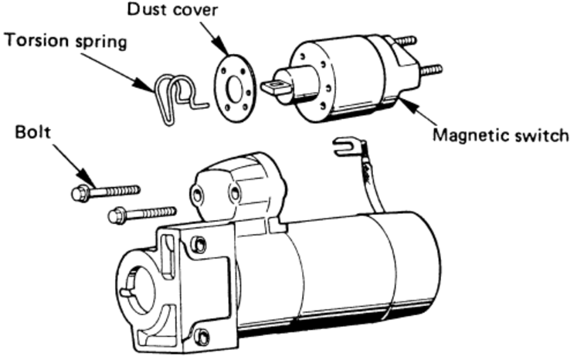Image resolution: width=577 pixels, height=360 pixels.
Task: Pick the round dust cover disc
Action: [x=234, y=87]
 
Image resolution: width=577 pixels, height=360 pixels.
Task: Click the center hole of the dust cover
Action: [x=234, y=87]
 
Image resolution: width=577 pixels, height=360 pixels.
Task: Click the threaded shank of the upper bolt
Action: [x=116, y=189]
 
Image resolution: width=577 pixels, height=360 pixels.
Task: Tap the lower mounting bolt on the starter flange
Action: [x=202, y=338]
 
